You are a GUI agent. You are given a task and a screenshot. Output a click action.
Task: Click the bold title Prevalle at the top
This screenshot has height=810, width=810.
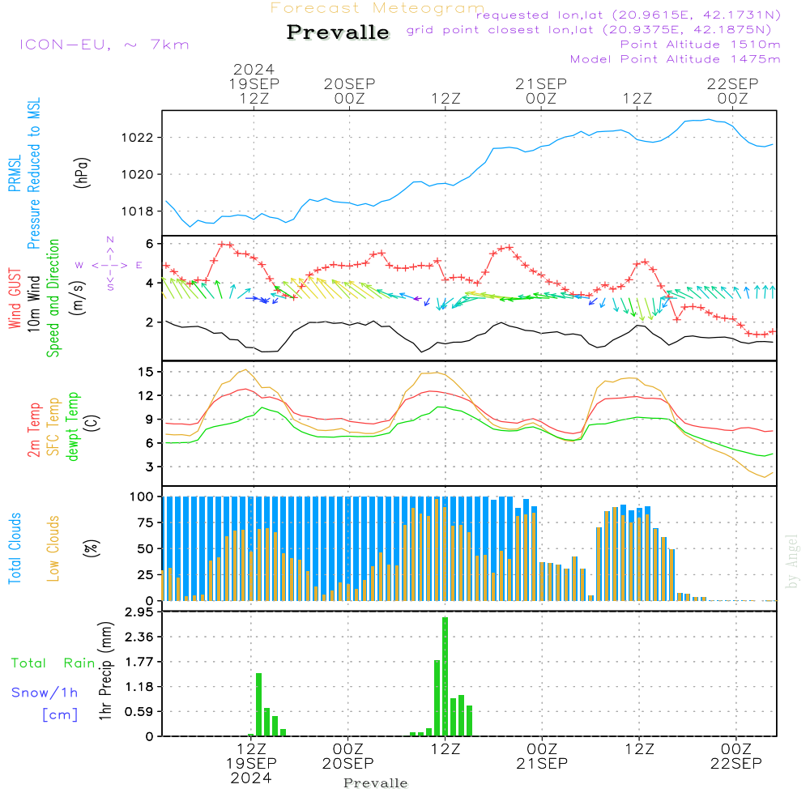(338, 33)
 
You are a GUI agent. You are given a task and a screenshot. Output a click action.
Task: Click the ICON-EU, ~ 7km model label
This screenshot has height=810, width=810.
(104, 45)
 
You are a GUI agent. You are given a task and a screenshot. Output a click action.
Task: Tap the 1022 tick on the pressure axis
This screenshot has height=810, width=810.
(141, 138)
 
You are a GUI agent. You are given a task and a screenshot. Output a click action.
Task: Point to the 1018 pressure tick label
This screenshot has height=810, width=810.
(141, 211)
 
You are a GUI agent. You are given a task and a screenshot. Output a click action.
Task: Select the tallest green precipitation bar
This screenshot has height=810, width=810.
(445, 676)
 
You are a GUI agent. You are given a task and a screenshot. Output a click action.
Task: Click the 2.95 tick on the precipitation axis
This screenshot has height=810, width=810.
(139, 612)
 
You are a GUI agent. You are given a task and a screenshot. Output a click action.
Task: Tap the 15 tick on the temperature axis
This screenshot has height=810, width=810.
(147, 372)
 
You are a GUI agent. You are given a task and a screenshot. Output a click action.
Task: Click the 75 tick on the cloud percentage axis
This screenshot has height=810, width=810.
(143, 522)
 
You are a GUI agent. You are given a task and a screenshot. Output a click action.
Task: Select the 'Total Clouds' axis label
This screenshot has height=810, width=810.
(15, 548)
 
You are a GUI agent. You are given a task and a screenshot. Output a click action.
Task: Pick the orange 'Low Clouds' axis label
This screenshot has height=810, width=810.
(54, 548)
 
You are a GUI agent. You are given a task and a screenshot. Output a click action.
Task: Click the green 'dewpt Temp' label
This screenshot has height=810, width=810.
(73, 427)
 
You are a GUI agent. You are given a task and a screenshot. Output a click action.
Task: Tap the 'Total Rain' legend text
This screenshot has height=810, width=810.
(53, 663)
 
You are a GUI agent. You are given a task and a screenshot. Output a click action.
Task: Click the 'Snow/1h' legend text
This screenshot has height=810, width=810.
(45, 693)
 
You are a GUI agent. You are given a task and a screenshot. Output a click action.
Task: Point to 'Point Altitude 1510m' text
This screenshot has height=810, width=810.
(700, 44)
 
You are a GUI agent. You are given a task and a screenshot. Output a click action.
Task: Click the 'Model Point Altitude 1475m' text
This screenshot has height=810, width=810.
(675, 58)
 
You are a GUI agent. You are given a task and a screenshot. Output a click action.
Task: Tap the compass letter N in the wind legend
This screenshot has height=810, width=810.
(109, 240)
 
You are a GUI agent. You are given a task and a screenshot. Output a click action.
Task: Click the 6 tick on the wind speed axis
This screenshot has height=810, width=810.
(150, 244)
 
